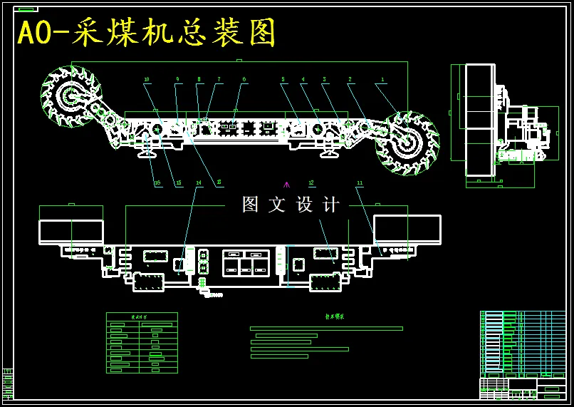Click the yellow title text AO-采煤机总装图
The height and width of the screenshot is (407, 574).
pos(147,34)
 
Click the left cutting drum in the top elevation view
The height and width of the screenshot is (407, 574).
pos(71,96)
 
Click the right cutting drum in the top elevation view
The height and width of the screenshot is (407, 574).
pos(407,143)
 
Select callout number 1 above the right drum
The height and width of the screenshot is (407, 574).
pos(382,81)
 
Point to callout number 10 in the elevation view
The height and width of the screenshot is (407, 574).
pos(147,80)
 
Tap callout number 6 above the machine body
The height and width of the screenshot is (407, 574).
pos(244,80)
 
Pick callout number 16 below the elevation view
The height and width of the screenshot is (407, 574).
pos(157,183)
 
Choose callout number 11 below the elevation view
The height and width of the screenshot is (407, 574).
pos(360,183)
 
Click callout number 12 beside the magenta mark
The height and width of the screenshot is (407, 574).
pos(311,183)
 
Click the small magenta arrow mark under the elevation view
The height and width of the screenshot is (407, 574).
pos(287,185)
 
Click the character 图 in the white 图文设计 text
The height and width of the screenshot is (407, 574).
pos(251,205)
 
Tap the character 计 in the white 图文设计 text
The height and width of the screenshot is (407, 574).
pos(331,205)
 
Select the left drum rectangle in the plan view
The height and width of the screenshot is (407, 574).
pos(71,231)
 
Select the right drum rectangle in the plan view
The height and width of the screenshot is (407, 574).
pos(407,230)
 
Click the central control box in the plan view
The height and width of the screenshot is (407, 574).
pos(246,262)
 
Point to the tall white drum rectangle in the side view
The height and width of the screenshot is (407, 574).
pos(479,119)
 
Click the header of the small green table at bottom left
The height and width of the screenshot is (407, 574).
pos(142,316)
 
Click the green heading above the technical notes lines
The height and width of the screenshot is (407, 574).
pos(334,316)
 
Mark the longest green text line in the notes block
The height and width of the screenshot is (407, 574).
pos(326,329)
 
